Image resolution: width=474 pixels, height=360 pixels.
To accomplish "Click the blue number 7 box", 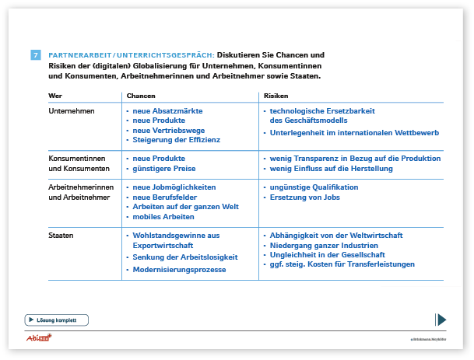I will tap(36, 55).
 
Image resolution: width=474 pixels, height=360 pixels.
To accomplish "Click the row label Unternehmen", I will tap(72, 111).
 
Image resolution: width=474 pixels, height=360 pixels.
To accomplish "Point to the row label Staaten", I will tap(61, 235).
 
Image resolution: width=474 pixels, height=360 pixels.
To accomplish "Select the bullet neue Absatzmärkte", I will tap(167, 111).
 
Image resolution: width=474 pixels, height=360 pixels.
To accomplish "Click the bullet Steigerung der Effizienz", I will tap(177, 140).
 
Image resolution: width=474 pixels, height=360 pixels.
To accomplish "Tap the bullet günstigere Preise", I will tap(164, 168).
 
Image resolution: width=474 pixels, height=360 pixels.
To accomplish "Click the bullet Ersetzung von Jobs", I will tap(304, 197).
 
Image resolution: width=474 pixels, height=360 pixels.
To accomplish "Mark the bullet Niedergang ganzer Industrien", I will tap(325, 245).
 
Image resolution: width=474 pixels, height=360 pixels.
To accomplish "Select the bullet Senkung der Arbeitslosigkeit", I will tap(180, 257).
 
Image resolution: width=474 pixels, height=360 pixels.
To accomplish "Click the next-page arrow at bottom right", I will tap(441, 319).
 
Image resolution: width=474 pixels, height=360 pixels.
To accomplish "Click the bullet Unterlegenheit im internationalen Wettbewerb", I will tap(353, 133).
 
